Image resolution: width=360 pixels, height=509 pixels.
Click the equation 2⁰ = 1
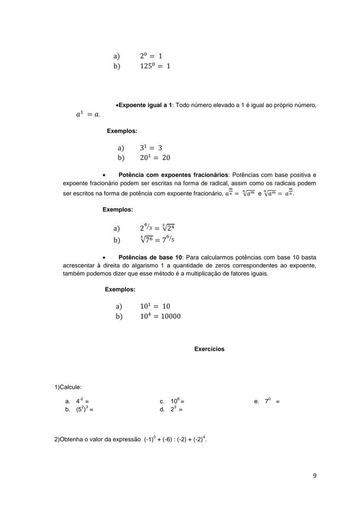click(151, 56)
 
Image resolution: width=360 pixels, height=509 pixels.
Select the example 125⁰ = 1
click(155, 66)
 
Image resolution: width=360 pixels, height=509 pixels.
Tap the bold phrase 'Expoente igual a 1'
click(145, 105)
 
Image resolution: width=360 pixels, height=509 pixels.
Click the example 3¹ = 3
click(151, 148)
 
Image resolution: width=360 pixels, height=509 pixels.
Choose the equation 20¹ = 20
click(155, 158)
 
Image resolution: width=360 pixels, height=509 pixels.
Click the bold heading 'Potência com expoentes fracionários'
click(173, 175)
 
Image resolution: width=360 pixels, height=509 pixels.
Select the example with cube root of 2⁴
click(157, 228)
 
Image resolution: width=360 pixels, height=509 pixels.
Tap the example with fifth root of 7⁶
click(157, 240)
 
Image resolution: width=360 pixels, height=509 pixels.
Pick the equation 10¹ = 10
click(155, 306)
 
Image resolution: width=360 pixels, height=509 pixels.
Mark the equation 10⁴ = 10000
click(160, 316)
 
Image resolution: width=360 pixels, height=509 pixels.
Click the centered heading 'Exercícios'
click(209, 349)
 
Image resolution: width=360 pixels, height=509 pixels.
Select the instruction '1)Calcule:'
click(68, 387)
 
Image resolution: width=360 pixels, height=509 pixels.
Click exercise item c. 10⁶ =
click(178, 402)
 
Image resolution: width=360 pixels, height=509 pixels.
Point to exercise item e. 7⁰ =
click(272, 402)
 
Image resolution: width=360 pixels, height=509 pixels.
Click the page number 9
click(314, 476)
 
